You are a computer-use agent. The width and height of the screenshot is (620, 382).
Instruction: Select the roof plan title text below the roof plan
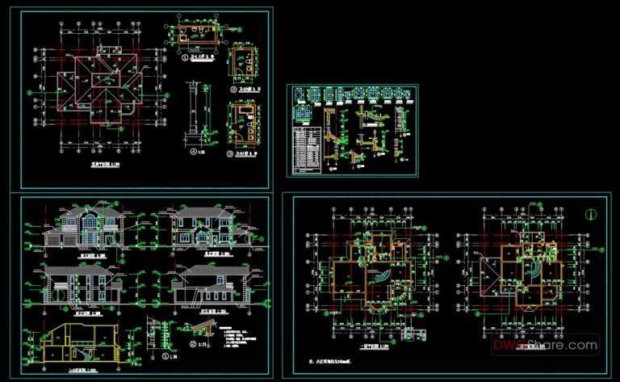click(x=100, y=164)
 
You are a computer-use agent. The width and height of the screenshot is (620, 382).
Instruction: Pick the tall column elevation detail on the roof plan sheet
click(x=194, y=113)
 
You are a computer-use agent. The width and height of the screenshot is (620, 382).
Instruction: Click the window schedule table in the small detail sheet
click(x=306, y=149)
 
